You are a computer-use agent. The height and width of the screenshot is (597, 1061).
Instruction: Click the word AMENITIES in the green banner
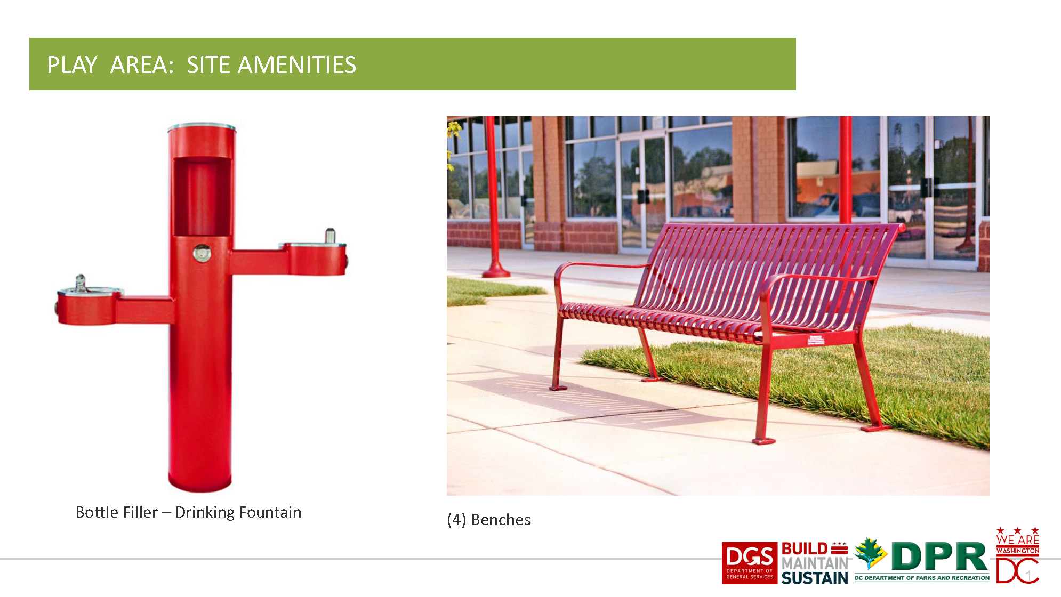(x=296, y=65)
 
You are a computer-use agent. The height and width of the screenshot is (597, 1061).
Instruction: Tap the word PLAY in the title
(x=72, y=65)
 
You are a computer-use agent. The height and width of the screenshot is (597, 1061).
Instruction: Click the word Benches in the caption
(x=501, y=520)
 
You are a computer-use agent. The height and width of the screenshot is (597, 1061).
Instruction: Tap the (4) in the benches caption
(x=456, y=520)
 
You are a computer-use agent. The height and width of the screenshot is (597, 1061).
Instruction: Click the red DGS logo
(x=749, y=563)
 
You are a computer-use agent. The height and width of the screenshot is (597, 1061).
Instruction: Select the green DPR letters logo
(x=939, y=556)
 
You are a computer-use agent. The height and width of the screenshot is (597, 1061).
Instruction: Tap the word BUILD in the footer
(x=805, y=549)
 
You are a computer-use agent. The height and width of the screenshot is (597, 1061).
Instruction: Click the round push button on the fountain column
(x=202, y=253)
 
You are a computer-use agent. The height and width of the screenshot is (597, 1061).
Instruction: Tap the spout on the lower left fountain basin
(x=81, y=283)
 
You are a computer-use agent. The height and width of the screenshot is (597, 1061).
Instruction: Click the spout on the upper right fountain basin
(x=330, y=236)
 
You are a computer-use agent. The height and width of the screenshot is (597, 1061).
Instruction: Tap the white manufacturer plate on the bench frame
(x=816, y=340)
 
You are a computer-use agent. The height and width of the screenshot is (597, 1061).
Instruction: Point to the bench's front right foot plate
(x=763, y=441)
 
